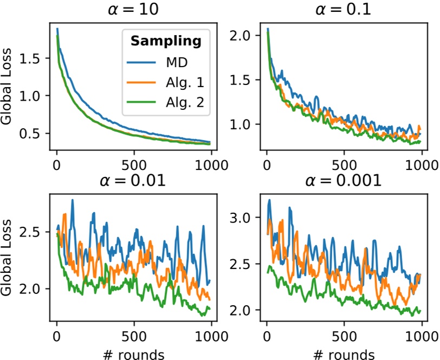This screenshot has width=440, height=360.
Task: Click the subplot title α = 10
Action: pos(133,10)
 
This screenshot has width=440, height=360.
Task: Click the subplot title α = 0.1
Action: pos(344,10)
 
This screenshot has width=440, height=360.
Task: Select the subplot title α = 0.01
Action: pos(133,180)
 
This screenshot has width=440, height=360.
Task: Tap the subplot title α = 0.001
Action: pos(344,180)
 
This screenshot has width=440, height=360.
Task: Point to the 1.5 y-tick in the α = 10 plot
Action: pos(34,58)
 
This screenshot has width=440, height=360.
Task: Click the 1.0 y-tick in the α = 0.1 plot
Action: pos(245,125)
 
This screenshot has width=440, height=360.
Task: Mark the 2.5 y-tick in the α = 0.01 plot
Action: pos(34,232)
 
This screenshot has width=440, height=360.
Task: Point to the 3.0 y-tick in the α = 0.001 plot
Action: pos(245,218)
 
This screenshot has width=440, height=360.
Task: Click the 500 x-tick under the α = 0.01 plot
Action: pos(133,335)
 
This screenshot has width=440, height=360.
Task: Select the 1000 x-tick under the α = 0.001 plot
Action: pos(421,335)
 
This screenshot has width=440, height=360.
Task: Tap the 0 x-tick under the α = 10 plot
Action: pos(57,165)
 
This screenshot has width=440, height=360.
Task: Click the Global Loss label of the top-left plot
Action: pos(8,90)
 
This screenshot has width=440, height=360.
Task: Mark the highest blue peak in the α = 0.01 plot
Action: pos(72,200)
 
